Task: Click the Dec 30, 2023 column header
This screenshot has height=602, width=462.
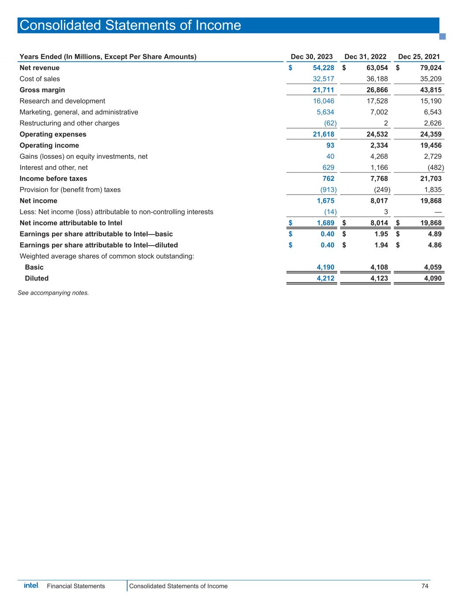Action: pos(312,56)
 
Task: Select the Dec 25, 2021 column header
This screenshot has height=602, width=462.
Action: pos(419,56)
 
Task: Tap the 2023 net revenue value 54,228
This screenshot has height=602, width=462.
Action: pos(320,68)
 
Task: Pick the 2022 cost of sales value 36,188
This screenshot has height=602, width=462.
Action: pos(376,79)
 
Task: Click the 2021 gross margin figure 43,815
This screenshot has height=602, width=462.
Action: pos(428,90)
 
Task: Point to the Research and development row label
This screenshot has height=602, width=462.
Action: pos(62,101)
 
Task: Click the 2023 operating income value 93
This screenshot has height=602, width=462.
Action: pos(330,146)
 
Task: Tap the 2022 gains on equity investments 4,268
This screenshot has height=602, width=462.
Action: pos(379,157)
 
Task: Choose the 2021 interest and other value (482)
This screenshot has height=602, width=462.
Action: pos(435,168)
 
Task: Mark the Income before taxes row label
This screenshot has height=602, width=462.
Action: pos(53,179)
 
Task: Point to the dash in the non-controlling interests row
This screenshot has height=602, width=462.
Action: pos(438,212)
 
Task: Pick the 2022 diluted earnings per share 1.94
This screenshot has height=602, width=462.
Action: pos(380,245)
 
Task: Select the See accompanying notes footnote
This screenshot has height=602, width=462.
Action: pos(53,292)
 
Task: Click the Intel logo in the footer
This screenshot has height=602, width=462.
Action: pos(31,585)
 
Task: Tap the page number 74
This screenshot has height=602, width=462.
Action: pos(425,586)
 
